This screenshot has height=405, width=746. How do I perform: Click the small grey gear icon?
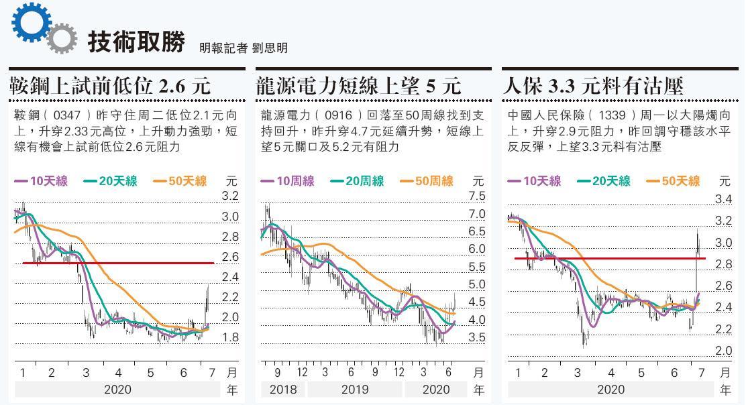click(x=62, y=38)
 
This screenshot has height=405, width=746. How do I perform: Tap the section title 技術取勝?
click(x=136, y=42)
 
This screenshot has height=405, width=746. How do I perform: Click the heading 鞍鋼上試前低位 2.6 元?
click(x=110, y=86)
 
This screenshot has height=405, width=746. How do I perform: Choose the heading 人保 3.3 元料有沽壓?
click(x=593, y=86)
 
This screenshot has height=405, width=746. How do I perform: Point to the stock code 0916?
click(x=337, y=115)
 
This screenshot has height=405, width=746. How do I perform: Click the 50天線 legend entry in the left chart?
click(x=180, y=181)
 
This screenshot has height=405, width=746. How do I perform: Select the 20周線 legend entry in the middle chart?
click(x=357, y=181)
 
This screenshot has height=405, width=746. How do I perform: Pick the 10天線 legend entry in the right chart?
click(x=534, y=181)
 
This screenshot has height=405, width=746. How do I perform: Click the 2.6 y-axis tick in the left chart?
click(x=230, y=257)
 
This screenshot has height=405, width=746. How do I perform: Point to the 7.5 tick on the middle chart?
click(x=477, y=196)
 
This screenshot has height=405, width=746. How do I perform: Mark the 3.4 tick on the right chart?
click(x=723, y=199)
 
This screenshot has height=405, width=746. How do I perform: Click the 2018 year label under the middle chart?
click(x=282, y=390)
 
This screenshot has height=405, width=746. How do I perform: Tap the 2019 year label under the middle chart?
click(x=354, y=390)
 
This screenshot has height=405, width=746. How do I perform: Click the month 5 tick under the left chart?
click(x=150, y=373)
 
